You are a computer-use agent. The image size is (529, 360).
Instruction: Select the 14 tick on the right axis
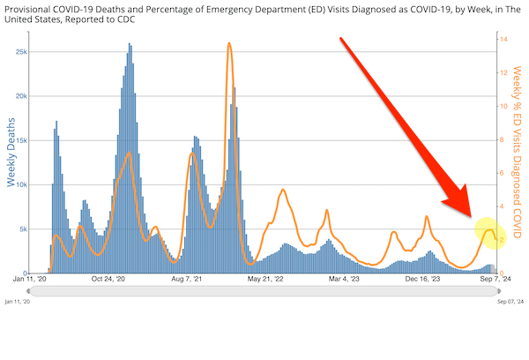(x=503, y=40)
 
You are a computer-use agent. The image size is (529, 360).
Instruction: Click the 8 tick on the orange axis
(x=501, y=139)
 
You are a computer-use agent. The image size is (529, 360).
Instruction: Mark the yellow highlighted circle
(x=489, y=233)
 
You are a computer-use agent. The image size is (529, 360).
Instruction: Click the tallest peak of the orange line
(x=229, y=43)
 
